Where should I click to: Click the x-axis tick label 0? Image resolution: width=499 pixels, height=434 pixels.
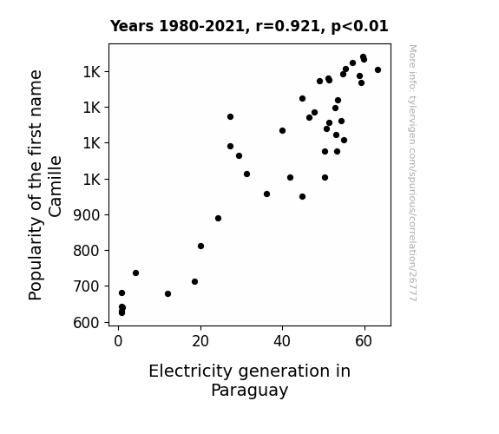pyautogui.click(x=118, y=341)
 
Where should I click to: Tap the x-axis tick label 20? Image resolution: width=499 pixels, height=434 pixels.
pyautogui.click(x=200, y=341)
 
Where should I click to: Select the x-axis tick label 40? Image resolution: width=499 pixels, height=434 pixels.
pyautogui.click(x=282, y=341)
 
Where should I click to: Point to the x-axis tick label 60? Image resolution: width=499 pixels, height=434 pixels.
pyautogui.click(x=364, y=341)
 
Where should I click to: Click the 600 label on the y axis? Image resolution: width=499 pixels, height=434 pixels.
pyautogui.click(x=86, y=323)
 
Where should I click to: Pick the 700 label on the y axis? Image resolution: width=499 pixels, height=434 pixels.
pyautogui.click(x=86, y=286)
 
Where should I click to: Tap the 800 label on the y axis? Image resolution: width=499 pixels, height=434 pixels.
pyautogui.click(x=86, y=251)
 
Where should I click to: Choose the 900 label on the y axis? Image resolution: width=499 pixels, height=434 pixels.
pyautogui.click(x=86, y=215)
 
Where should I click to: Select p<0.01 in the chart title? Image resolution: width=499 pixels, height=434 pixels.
pyautogui.click(x=359, y=26)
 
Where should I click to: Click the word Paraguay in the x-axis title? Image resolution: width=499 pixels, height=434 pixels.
pyautogui.click(x=250, y=391)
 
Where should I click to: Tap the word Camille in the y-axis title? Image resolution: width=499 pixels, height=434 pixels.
pyautogui.click(x=55, y=187)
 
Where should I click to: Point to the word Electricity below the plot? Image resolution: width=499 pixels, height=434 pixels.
pyautogui.click(x=191, y=372)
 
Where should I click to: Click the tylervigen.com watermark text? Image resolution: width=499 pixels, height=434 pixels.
pyautogui.click(x=412, y=173)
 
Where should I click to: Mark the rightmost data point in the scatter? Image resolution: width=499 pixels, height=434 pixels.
pyautogui.click(x=378, y=69)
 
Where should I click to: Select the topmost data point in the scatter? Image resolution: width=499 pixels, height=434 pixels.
pyautogui.click(x=363, y=56)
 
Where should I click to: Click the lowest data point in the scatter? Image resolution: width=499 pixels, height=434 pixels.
pyautogui.click(x=121, y=312)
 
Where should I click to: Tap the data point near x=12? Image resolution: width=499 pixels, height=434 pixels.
pyautogui.click(x=167, y=293)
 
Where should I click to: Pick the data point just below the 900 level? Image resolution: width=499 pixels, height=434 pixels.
pyautogui.click(x=218, y=218)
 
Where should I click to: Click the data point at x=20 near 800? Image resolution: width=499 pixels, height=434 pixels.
pyautogui.click(x=200, y=246)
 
